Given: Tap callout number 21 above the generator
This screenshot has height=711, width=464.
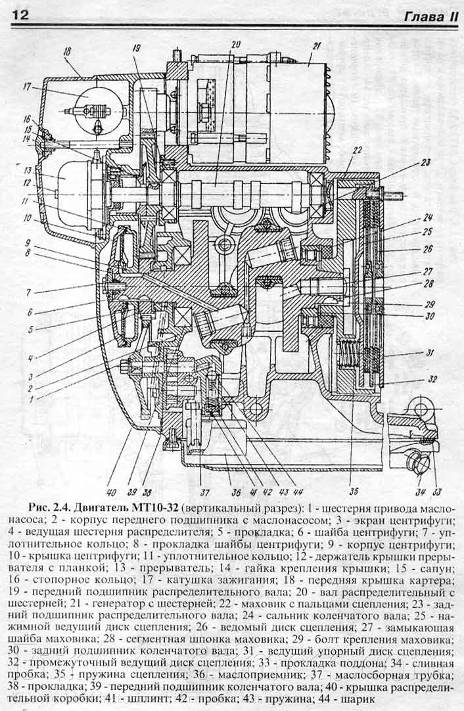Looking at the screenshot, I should coord(315,46).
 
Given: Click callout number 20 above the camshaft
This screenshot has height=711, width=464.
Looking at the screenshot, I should coord(235,45).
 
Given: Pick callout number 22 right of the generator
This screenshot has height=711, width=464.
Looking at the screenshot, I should coord(357,150).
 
